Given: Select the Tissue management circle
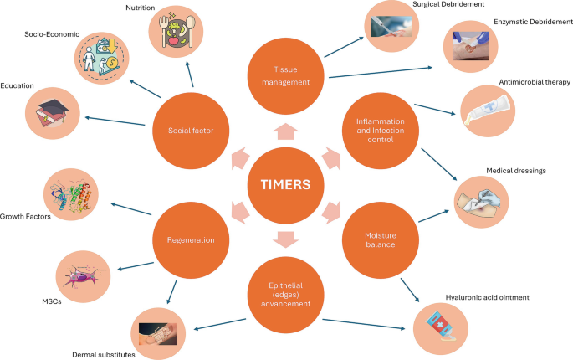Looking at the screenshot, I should coord(287,75).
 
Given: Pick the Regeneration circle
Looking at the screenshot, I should coord(191,239).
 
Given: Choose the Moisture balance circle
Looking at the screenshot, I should coord(381,239).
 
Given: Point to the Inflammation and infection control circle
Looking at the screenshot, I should coord(381,130).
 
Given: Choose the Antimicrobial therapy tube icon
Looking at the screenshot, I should coord(487,110).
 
